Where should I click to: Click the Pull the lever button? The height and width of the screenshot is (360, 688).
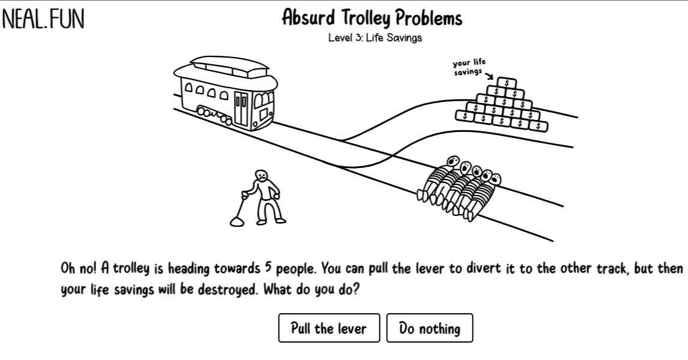(x=329, y=328)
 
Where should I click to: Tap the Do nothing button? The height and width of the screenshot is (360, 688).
(x=430, y=328)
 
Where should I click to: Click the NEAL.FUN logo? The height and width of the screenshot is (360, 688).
(x=43, y=19)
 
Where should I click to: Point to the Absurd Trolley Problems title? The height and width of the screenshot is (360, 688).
(x=372, y=18)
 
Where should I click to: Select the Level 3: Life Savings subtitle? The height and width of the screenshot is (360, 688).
(x=375, y=38)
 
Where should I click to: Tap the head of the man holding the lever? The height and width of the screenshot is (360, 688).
(x=261, y=175)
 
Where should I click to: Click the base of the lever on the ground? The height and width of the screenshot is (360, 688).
(x=237, y=222)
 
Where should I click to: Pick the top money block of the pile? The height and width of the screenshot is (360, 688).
(x=506, y=82)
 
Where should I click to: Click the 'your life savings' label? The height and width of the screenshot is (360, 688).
(x=469, y=67)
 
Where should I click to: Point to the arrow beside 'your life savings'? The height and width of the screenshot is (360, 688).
(x=489, y=75)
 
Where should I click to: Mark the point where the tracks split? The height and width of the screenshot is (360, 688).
(x=342, y=140)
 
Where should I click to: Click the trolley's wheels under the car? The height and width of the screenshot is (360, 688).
(x=214, y=115)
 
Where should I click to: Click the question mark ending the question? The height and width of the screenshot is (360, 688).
(x=355, y=289)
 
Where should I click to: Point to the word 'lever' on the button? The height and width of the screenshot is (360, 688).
(x=351, y=328)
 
